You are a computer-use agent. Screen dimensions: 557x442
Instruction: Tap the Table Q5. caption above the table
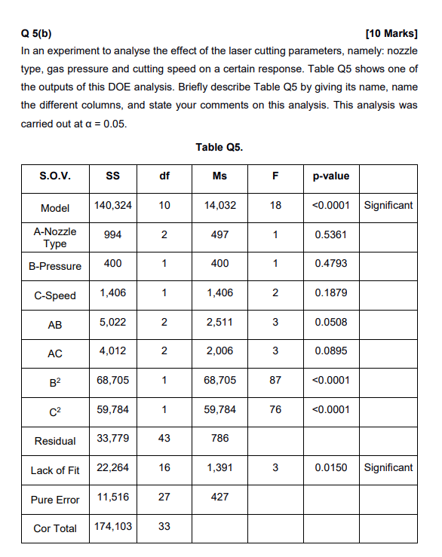pos(219,147)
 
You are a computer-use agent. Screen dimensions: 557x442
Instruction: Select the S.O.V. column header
pos(55,176)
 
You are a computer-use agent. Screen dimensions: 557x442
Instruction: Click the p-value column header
pos(330,176)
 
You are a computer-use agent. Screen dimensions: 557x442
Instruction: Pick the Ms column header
pos(219,176)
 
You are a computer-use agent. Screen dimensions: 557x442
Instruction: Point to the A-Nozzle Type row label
pos(55,237)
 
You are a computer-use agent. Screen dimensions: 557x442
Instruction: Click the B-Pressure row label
pos(55,266)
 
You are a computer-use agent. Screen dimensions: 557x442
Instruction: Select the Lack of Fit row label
pos(55,470)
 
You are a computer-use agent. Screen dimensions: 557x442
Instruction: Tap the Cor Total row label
pos(55,528)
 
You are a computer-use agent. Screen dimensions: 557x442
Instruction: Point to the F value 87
pos(275,381)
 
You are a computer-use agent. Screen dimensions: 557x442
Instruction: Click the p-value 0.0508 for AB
pos(330,323)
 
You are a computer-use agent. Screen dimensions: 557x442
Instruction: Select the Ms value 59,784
pos(219,409)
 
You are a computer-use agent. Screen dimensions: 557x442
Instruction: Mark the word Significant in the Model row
pos(388,205)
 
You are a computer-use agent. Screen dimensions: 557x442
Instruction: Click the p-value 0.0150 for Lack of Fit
pos(330,468)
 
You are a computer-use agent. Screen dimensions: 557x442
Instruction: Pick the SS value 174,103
pos(113,526)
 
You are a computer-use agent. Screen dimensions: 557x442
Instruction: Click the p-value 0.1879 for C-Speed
pos(330,293)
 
